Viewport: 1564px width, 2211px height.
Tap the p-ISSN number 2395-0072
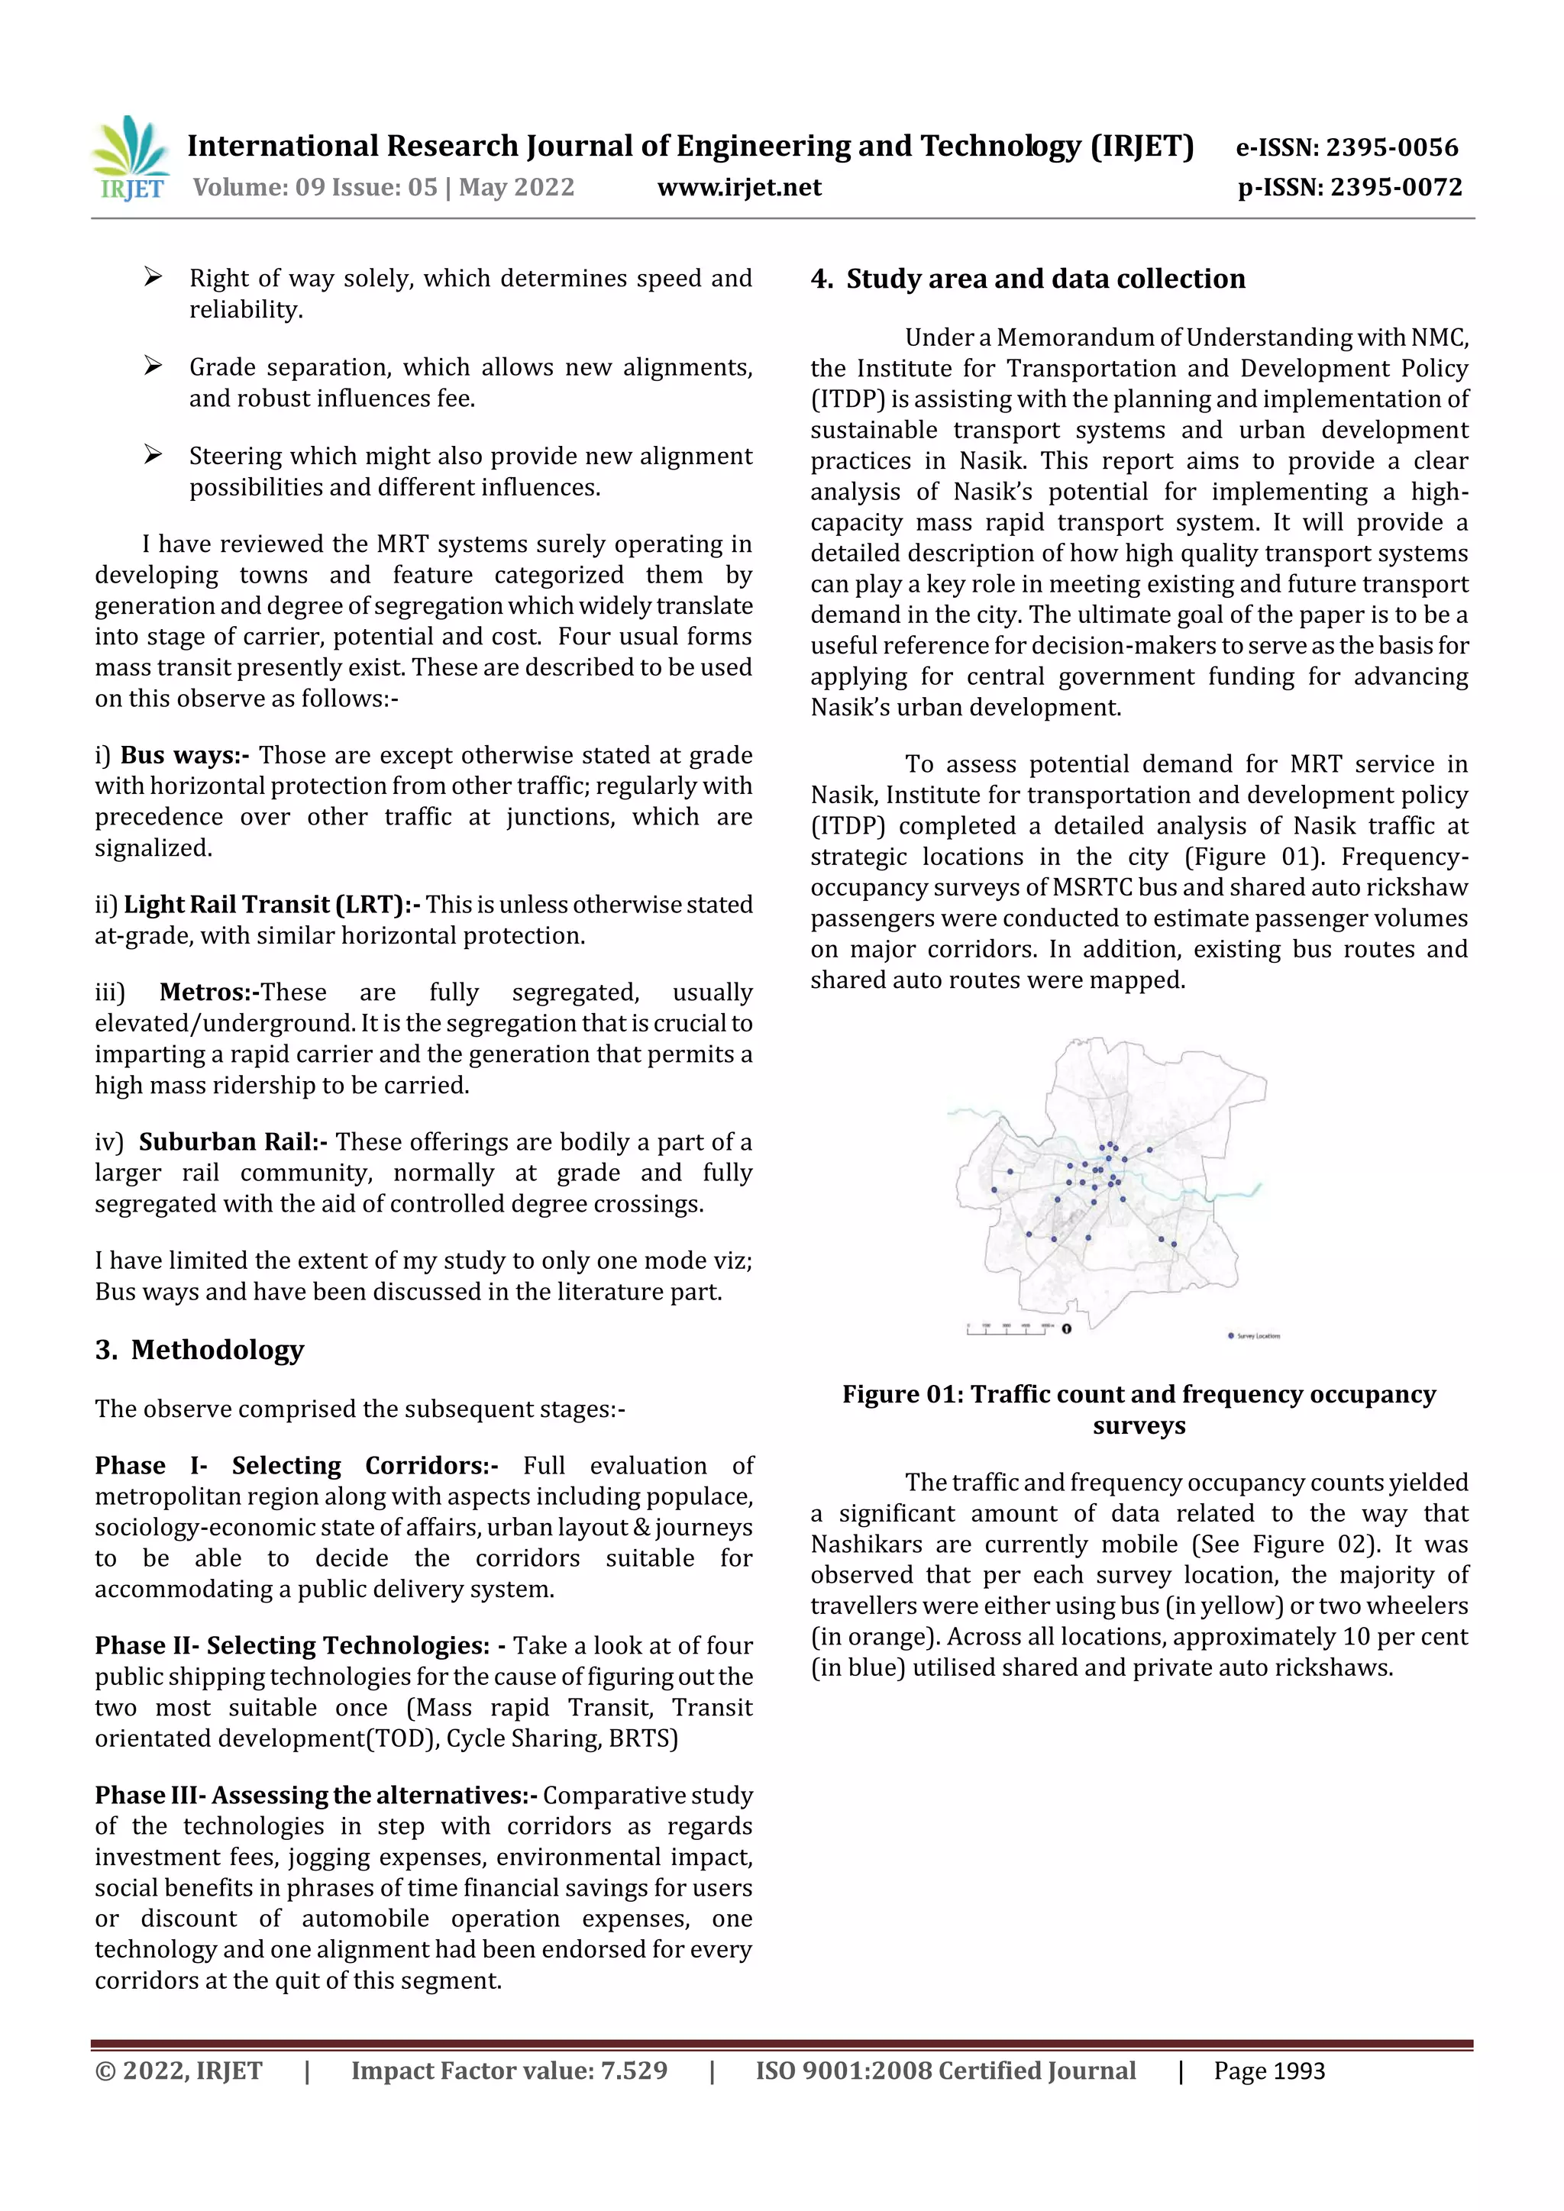click(1395, 187)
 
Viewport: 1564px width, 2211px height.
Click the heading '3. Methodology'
click(199, 1350)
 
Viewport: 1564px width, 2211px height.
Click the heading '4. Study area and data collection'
click(1028, 279)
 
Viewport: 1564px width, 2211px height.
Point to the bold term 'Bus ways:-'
click(184, 756)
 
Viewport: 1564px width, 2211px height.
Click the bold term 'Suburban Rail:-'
click(232, 1142)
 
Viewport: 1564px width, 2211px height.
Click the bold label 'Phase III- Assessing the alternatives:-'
click(316, 1796)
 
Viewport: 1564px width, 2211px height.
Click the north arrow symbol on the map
click(1066, 1329)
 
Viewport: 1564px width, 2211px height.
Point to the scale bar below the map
click(1010, 1329)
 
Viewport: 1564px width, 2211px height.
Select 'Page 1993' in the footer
click(1268, 2071)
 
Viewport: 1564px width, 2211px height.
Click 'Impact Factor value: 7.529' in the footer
click(509, 2071)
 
